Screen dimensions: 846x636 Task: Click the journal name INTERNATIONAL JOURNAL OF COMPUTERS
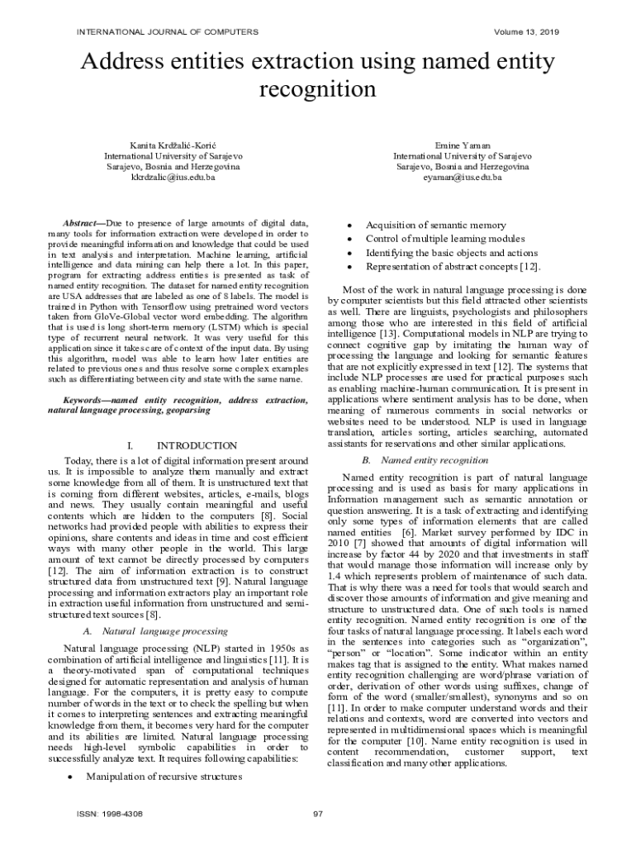168,31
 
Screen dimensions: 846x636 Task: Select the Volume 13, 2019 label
526,31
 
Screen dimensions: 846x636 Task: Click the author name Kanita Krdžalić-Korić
173,145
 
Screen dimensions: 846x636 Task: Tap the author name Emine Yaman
463,145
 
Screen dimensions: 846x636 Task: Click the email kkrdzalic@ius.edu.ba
173,177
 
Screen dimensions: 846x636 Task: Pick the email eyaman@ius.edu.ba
463,177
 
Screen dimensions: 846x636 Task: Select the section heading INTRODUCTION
197,445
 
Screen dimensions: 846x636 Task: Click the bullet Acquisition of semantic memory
436,225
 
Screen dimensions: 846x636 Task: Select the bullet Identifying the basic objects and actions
452,253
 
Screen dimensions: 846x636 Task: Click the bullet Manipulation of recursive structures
164,777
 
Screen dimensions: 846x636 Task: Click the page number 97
318,814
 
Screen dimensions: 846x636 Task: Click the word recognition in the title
318,88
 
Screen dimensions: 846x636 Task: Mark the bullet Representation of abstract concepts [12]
453,267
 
